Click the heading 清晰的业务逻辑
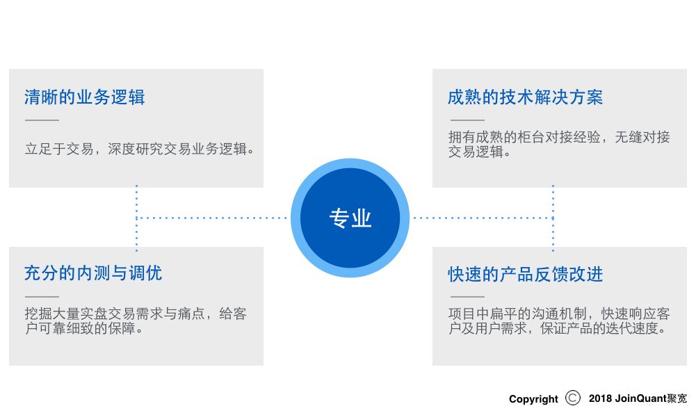pyautogui.click(x=84, y=97)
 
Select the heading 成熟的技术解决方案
pyautogui.click(x=525, y=97)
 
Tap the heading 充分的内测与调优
pyautogui.click(x=92, y=273)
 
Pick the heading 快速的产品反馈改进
pyautogui.click(x=525, y=274)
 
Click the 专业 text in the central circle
pyautogui.click(x=350, y=218)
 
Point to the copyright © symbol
pyautogui.click(x=573, y=398)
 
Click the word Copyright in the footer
pyautogui.click(x=533, y=399)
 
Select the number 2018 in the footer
pyautogui.click(x=600, y=399)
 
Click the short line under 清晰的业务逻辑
pyautogui.click(x=42, y=121)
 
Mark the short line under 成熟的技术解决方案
pyautogui.click(x=466, y=121)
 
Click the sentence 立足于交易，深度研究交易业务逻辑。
pyautogui.click(x=139, y=149)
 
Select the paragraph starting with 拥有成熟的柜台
pyautogui.click(x=559, y=144)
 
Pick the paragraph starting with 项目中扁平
pyautogui.click(x=559, y=321)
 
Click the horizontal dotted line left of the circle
pyautogui.click(x=212, y=218)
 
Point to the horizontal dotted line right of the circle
pyautogui.click(x=483, y=218)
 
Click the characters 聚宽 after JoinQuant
pyautogui.click(x=677, y=399)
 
